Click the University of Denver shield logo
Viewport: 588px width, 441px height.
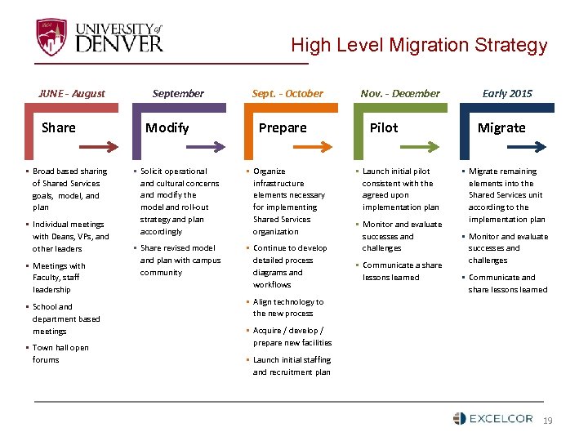pos(51,37)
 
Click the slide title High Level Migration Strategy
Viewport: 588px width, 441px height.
pos(419,45)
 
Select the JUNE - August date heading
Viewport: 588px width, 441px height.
pos(72,93)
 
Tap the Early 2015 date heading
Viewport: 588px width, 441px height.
pos(506,93)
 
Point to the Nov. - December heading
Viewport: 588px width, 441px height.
pos(400,93)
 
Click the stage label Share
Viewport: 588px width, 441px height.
pos(59,127)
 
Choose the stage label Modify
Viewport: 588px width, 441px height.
pos(167,127)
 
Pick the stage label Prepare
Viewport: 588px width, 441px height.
pos(283,127)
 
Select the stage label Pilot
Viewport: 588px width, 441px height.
pos(384,127)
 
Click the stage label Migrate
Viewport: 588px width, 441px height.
pos(501,127)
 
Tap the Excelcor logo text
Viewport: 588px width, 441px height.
pos(501,419)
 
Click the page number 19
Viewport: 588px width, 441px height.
pos(548,420)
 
